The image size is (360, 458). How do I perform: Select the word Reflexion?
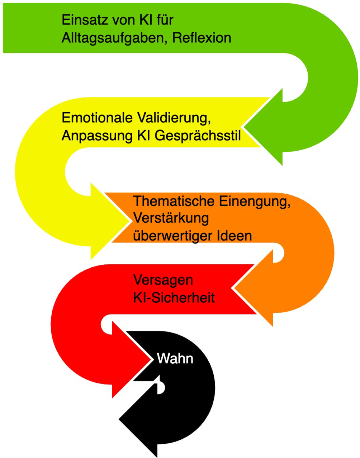coord(202,38)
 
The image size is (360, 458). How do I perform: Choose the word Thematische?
coord(174,201)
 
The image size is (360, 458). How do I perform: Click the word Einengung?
coord(254,201)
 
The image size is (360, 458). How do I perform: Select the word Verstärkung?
coord(171,218)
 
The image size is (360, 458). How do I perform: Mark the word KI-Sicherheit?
coord(174,297)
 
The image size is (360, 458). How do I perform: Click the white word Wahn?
coord(175,358)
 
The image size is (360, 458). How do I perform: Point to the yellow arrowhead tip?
coord(129,221)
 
